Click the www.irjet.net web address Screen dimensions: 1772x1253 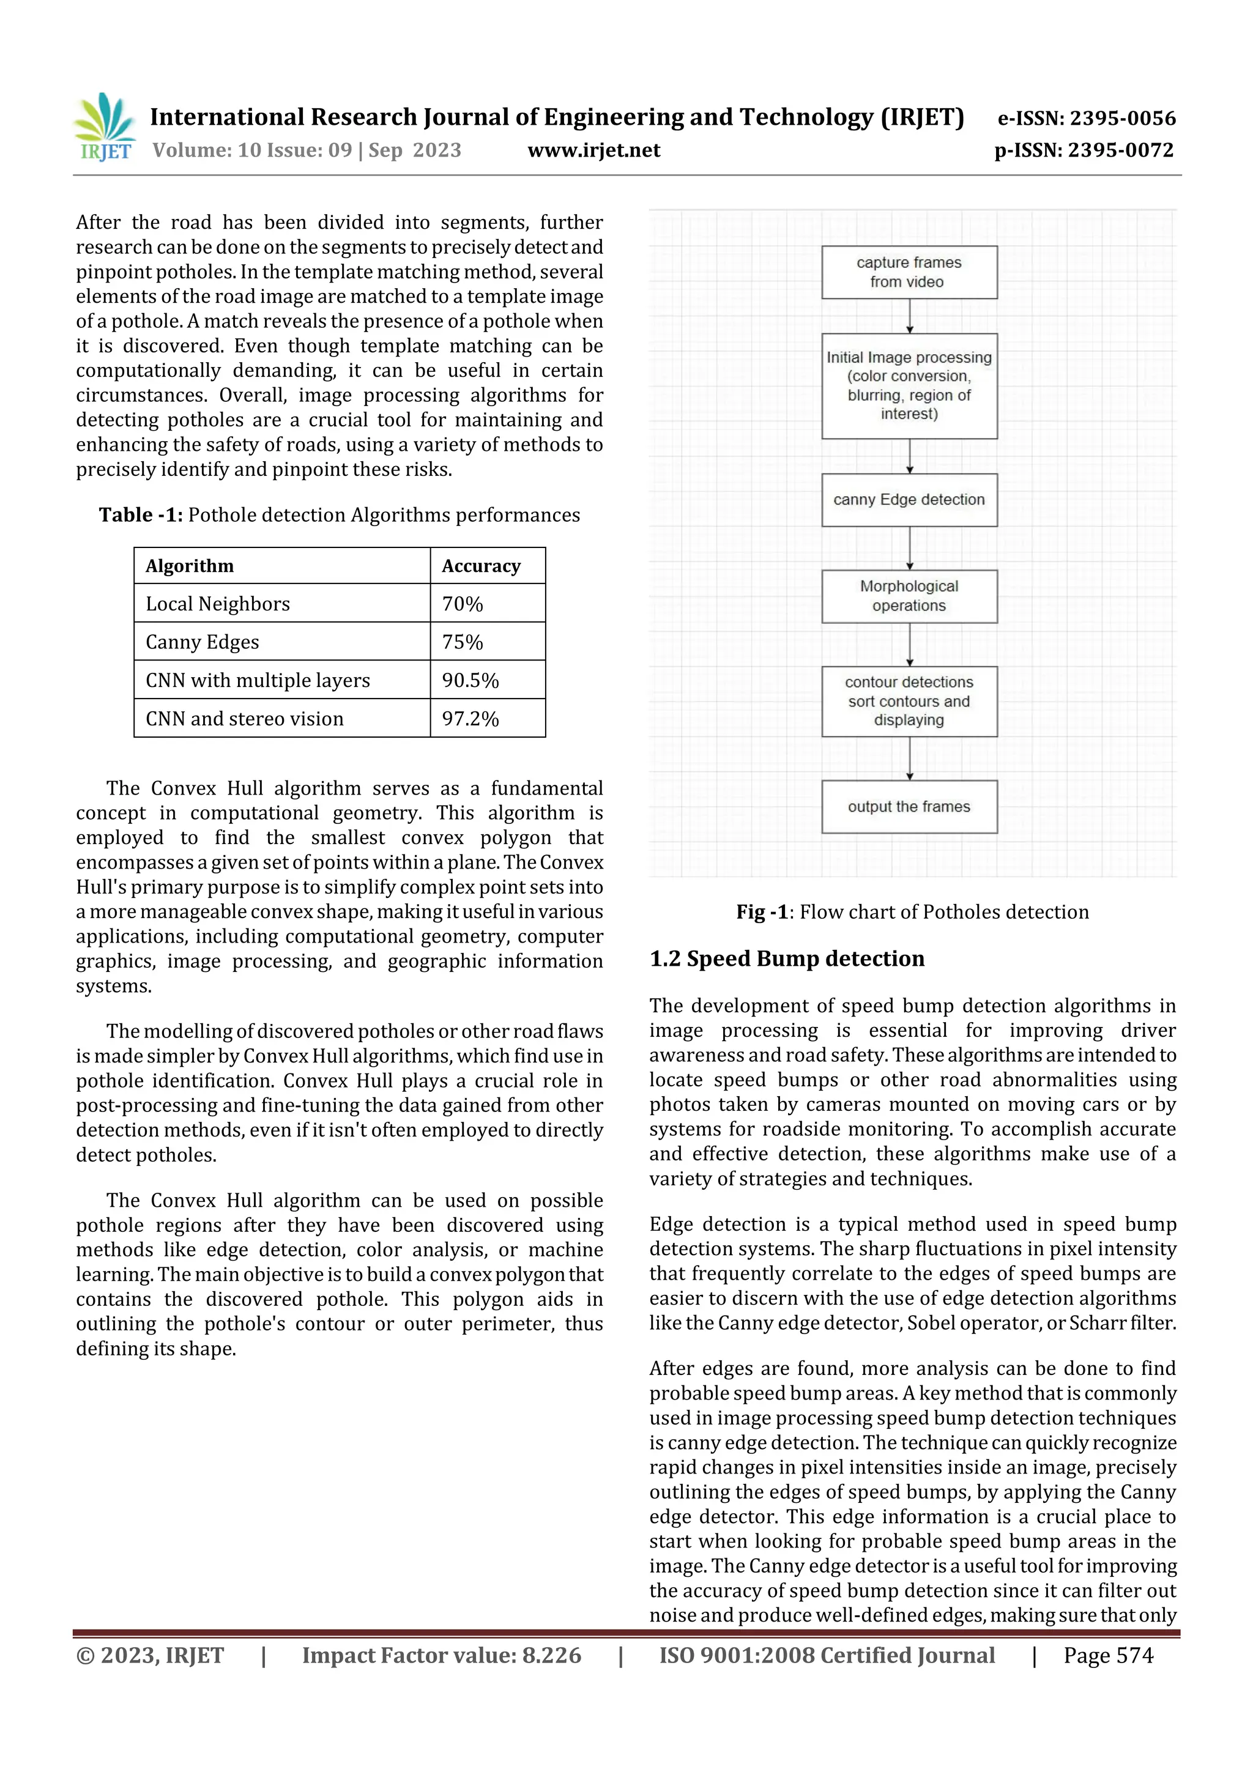click(x=593, y=150)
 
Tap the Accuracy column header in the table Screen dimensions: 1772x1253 click(x=481, y=566)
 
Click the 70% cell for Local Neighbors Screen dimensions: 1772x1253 click(x=463, y=604)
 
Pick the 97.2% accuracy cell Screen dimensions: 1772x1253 click(x=470, y=719)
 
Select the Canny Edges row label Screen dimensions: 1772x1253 click(x=203, y=642)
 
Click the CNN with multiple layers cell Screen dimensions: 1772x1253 click(x=258, y=680)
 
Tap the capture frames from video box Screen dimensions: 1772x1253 click(x=909, y=272)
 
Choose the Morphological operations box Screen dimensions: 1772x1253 click(x=909, y=596)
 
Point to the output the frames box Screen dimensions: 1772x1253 click(x=909, y=807)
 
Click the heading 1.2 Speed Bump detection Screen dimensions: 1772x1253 click(x=787, y=958)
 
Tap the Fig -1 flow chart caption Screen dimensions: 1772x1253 click(x=912, y=912)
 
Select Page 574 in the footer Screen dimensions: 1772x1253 click(x=1108, y=1655)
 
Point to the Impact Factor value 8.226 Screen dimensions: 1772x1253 click(x=441, y=1655)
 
